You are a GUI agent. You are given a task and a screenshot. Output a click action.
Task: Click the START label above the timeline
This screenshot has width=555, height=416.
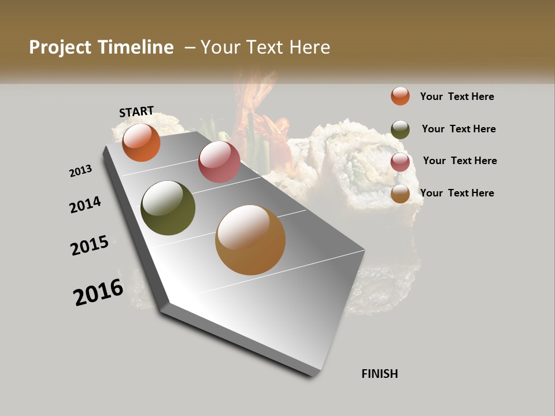click(x=136, y=112)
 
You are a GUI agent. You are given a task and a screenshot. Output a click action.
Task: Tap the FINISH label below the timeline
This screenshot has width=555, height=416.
click(x=379, y=374)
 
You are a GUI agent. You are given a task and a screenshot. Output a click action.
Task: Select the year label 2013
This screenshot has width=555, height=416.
click(x=81, y=171)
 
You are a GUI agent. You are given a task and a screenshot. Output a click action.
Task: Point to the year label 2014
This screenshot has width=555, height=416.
click(x=85, y=205)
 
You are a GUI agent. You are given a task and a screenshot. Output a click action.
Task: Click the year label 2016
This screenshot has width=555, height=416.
click(x=98, y=292)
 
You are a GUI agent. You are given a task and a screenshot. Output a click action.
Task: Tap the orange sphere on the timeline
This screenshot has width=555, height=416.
click(x=141, y=142)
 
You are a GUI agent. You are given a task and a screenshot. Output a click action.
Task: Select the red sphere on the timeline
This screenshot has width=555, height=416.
click(x=219, y=162)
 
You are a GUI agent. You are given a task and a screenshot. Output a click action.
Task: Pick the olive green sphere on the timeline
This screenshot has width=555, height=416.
click(x=168, y=208)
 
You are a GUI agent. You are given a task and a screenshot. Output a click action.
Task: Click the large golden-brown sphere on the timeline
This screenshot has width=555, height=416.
click(x=250, y=240)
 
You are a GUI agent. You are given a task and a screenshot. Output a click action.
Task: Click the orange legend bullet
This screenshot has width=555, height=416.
click(x=400, y=96)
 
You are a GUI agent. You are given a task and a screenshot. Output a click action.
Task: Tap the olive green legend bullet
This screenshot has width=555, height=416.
click(x=400, y=129)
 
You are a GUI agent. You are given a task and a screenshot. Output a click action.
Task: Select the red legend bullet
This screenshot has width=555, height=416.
click(x=400, y=162)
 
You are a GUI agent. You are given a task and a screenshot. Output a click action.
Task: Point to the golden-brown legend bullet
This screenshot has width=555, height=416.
click(x=400, y=194)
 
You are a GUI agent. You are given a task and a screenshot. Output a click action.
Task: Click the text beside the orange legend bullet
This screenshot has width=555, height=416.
click(x=457, y=96)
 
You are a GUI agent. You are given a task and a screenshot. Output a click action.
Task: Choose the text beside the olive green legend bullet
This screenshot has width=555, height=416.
click(x=458, y=129)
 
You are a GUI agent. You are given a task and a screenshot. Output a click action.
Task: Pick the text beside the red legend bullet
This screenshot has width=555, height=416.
click(x=460, y=161)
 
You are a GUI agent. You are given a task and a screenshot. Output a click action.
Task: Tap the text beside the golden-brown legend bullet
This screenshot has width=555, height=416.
click(x=457, y=193)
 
